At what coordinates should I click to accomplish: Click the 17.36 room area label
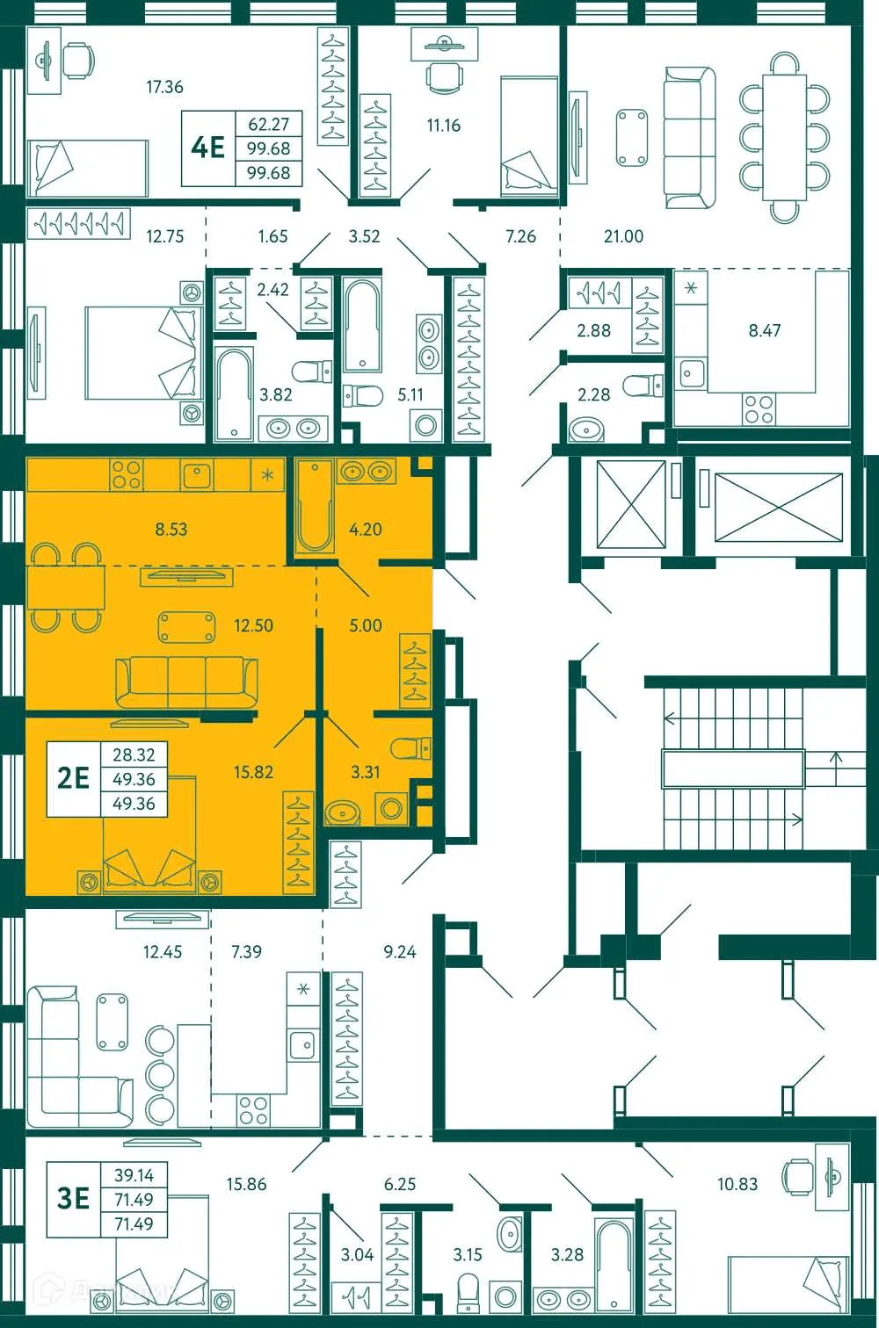coord(164,87)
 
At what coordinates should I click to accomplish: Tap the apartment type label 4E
coord(208,148)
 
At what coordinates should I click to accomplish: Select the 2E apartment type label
coord(74,778)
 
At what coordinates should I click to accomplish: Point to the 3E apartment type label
coord(74,1198)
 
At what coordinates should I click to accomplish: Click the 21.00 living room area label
coord(623,236)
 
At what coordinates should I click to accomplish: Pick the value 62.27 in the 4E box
coord(268,125)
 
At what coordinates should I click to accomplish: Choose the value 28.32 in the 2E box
coord(134,755)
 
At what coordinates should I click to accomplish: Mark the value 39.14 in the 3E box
coord(134,1175)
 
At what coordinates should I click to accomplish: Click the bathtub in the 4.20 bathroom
coord(315,507)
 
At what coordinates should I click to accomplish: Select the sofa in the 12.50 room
coord(187,682)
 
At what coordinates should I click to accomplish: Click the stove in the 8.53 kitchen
coord(127,474)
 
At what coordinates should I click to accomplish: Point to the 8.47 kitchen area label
coord(764,331)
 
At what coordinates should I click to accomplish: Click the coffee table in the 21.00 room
coord(632,137)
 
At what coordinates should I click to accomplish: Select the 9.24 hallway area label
coord(400,952)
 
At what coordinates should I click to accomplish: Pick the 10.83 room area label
coord(737,1184)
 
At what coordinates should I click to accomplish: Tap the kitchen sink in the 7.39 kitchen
coord(303,1045)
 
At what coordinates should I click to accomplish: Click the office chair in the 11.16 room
coord(444,76)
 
